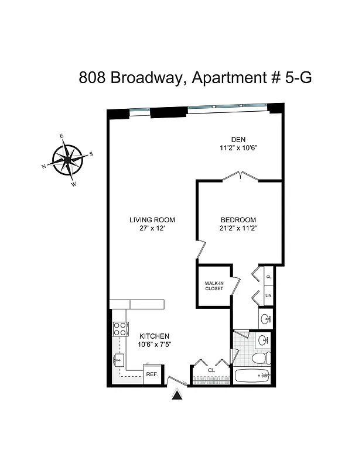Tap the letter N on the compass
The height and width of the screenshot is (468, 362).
point(44,167)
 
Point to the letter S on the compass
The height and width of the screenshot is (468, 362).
point(91,154)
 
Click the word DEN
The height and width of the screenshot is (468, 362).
point(238,139)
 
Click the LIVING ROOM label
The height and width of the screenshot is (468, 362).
point(152,220)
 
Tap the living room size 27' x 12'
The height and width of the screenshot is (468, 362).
point(152,229)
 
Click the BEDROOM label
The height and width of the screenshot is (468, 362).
point(239,220)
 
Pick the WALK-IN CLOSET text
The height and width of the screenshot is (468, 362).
point(214,286)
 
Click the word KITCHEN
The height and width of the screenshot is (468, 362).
point(154,336)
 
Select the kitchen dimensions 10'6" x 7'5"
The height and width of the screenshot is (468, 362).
point(154,345)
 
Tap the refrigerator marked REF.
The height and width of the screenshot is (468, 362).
point(152,374)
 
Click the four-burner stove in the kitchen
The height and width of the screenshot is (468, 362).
point(121,329)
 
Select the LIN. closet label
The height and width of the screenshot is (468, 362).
point(269,296)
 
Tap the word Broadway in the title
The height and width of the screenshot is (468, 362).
point(146,78)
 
